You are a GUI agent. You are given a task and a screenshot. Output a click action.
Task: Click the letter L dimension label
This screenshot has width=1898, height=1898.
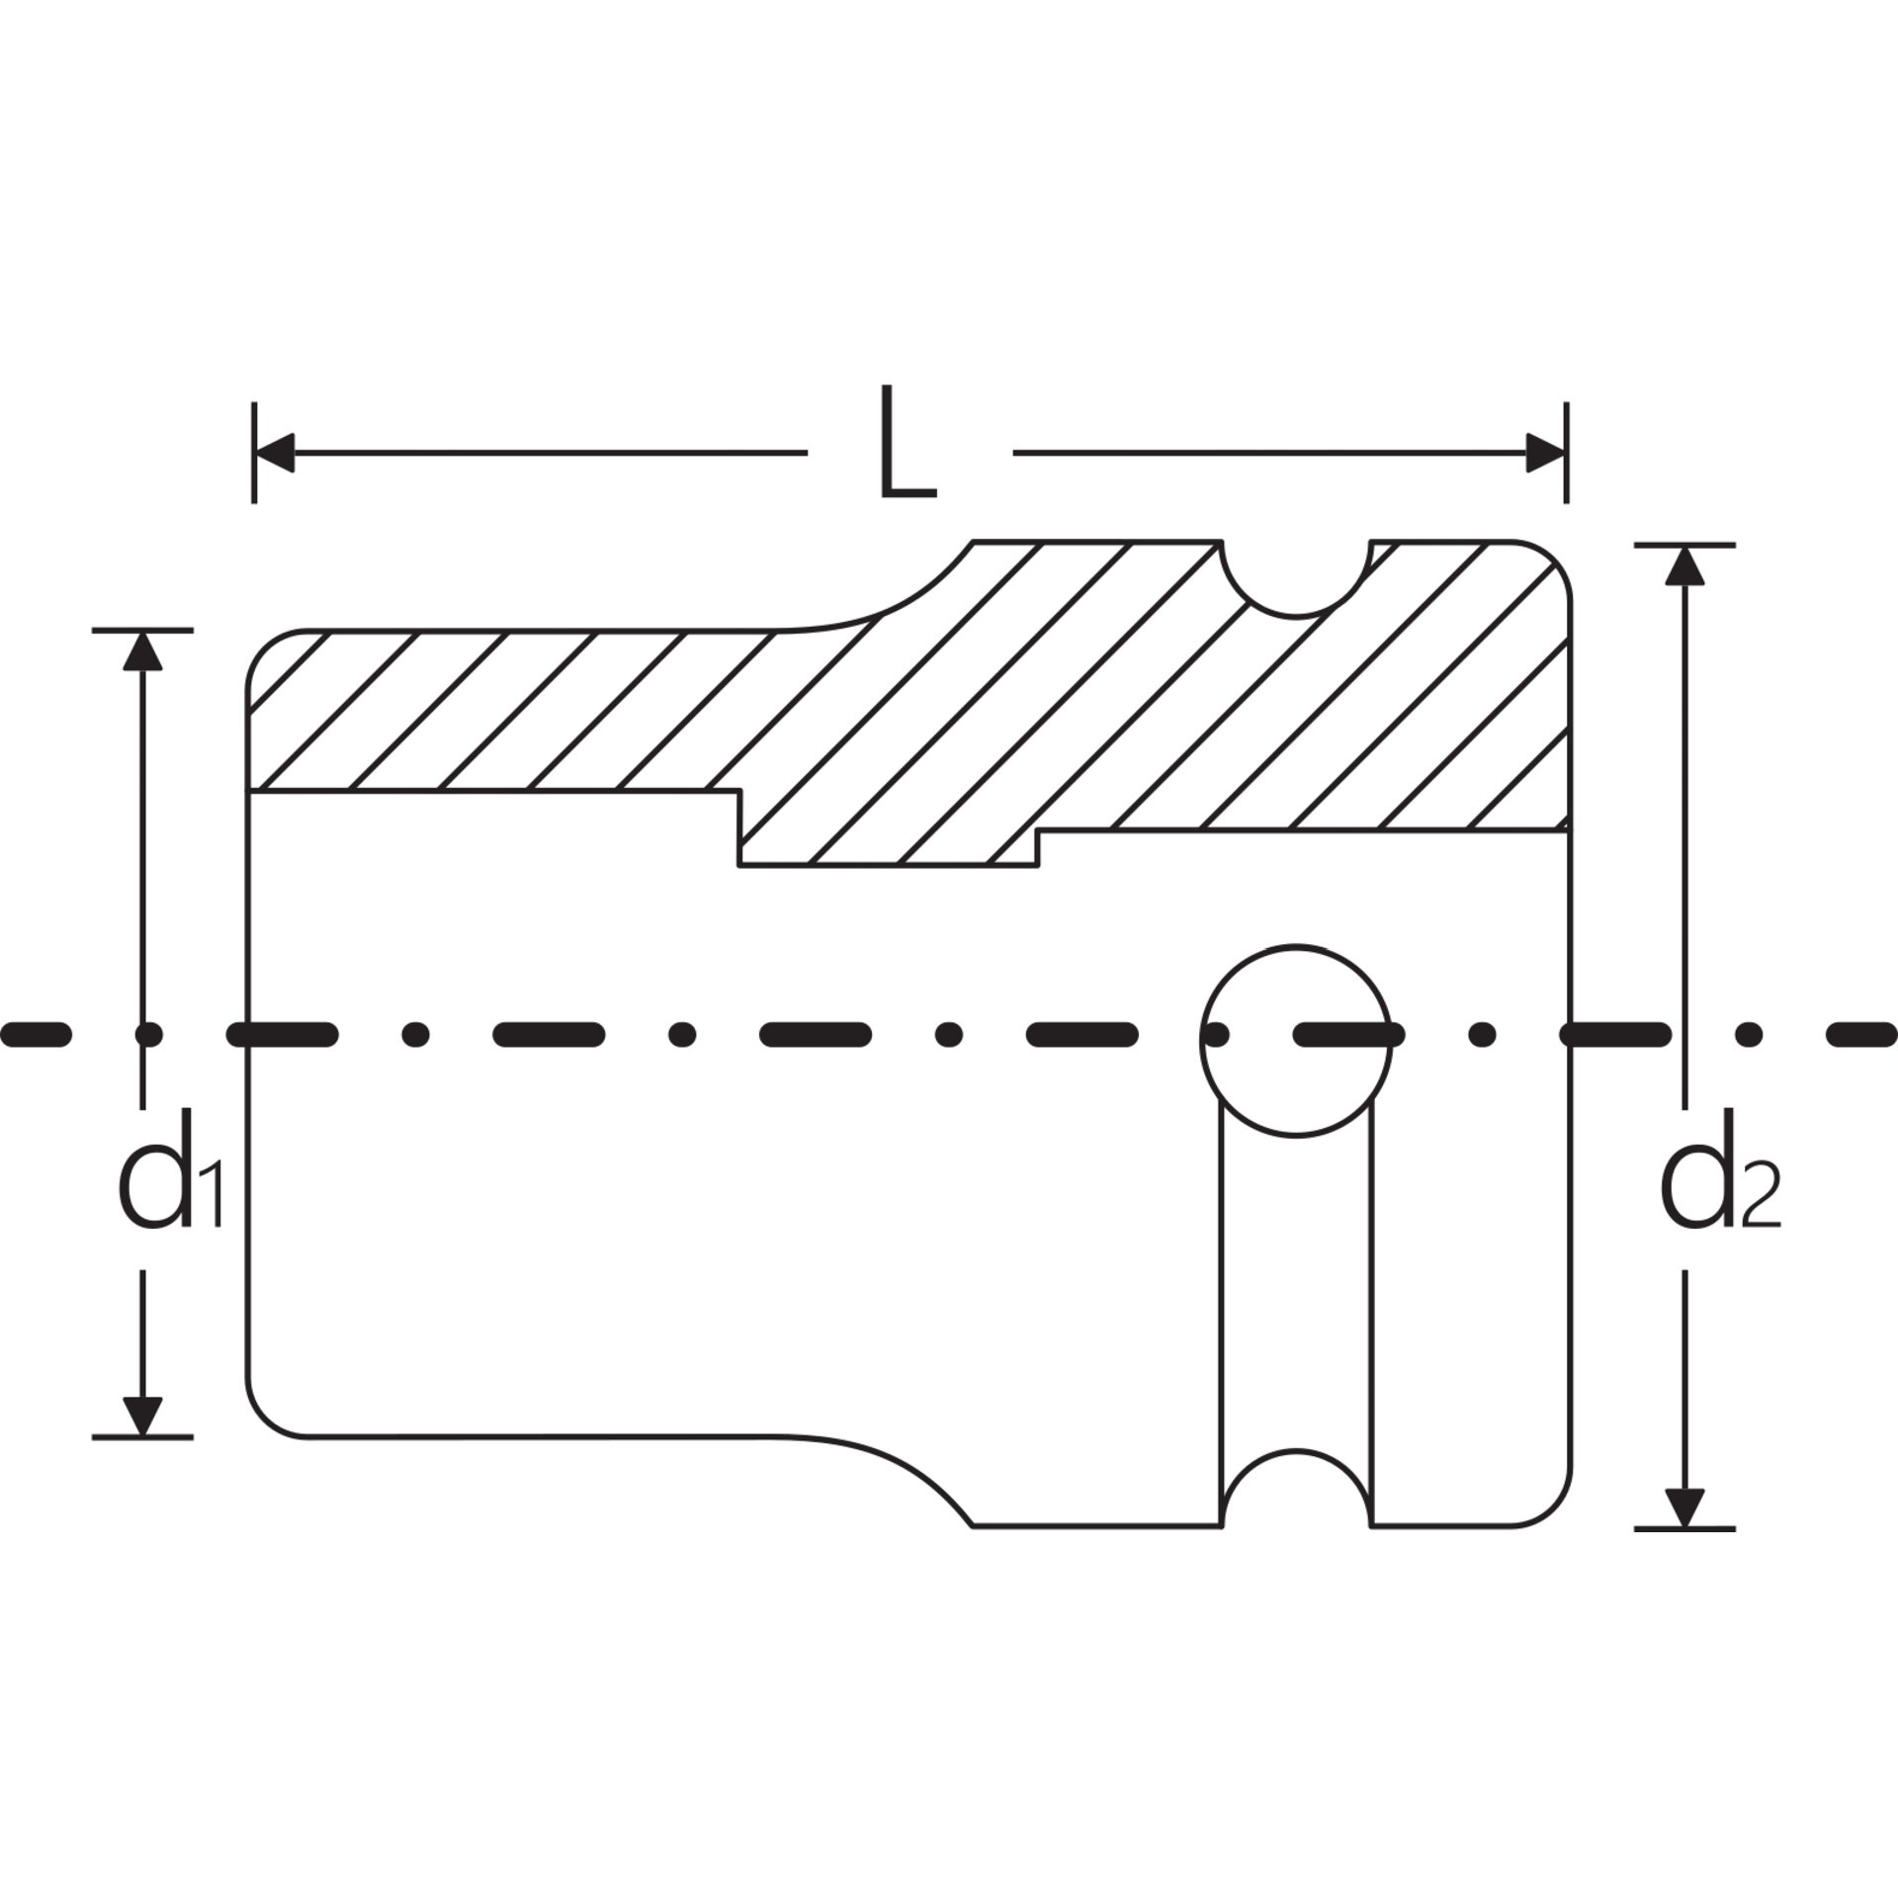tap(906, 441)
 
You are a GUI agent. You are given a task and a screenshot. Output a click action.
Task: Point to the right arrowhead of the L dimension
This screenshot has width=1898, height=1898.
tap(1546, 453)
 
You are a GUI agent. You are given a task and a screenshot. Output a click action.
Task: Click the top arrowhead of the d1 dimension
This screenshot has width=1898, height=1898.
tap(143, 650)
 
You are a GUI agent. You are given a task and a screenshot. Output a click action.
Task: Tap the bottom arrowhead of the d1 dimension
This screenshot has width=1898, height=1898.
tap(143, 1415)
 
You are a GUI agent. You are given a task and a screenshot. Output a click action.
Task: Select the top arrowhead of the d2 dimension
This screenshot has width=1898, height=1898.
tap(1685, 564)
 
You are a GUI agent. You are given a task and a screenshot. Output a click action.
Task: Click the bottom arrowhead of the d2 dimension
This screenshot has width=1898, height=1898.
tap(1685, 1536)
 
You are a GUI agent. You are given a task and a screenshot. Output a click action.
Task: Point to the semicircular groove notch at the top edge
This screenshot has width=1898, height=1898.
tap(1296, 616)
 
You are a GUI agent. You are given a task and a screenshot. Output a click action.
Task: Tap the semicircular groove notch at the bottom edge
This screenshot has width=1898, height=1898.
tap(1296, 1451)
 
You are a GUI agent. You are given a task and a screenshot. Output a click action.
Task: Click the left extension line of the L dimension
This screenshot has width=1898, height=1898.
tap(255, 453)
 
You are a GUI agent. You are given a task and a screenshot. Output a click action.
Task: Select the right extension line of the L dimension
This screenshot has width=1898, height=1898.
tap(1567, 453)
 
